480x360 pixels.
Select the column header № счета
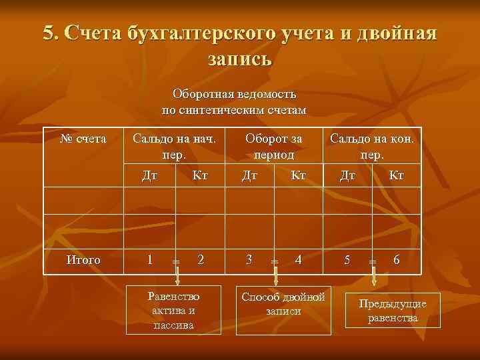click(x=83, y=139)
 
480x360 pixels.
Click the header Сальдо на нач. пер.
click(x=175, y=147)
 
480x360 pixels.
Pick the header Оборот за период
click(x=273, y=147)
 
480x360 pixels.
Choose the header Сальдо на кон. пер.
click(x=372, y=147)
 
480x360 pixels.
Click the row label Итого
click(x=83, y=260)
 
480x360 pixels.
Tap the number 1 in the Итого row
click(x=150, y=260)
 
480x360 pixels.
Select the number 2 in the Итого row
click(x=201, y=260)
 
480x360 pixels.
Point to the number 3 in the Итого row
click(x=249, y=260)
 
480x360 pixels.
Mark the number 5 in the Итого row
click(x=347, y=260)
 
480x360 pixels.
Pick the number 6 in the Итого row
click(x=397, y=260)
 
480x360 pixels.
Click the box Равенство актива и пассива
click(x=175, y=310)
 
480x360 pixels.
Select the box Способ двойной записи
click(x=283, y=304)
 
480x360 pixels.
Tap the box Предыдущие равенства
click(x=393, y=310)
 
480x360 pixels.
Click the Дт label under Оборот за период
click(x=250, y=175)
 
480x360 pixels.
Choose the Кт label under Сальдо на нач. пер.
click(x=200, y=175)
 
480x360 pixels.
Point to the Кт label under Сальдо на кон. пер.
click(x=397, y=175)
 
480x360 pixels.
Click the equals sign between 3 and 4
click(x=274, y=262)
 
